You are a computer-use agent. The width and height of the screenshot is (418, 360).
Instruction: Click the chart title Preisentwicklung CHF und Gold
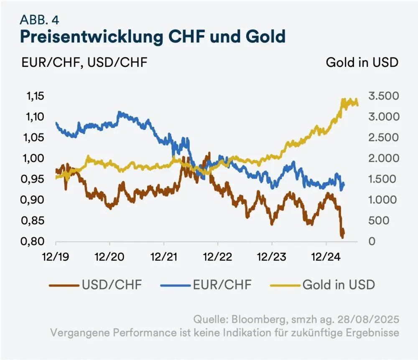pos(153,37)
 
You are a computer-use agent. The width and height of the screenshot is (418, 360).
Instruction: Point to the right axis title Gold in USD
pos(362,63)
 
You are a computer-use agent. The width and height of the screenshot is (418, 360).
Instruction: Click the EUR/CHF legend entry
pos(223,285)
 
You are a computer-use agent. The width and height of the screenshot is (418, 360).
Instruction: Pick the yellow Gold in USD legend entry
pos(339,285)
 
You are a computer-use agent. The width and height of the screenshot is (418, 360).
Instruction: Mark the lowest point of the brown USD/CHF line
pos(342,237)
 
